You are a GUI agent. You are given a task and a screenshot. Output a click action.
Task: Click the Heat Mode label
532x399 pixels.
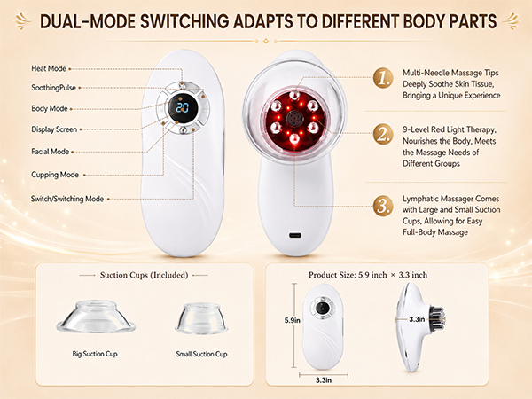49,68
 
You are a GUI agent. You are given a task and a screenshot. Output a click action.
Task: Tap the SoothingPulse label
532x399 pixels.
53,88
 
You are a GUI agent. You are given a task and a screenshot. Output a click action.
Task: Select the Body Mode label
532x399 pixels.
50,108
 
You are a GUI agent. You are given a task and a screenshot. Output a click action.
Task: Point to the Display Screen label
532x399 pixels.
54,129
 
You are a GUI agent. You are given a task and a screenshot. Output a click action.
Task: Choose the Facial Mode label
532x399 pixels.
51,152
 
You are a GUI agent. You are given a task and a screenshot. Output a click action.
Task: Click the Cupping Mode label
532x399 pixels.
55,175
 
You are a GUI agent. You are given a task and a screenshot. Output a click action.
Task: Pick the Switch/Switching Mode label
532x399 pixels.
67,199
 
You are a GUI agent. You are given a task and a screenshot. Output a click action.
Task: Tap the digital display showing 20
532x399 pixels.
182,108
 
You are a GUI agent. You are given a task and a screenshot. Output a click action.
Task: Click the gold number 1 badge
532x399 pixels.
383,78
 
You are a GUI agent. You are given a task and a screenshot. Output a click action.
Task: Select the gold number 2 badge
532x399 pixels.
383,134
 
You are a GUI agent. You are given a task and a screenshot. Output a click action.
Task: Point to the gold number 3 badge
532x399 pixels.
383,206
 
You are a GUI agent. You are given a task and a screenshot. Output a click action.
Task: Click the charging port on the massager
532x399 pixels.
295,235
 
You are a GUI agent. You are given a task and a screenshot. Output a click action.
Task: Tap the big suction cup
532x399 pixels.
96,317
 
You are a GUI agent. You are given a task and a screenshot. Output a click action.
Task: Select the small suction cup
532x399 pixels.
201,318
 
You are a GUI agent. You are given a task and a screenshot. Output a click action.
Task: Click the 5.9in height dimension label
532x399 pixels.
292,320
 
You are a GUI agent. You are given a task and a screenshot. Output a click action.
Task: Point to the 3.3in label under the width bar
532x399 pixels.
324,380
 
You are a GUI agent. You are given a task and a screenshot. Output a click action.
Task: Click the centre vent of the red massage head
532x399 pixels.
293,119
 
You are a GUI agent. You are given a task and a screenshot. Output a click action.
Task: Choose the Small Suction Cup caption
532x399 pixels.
201,354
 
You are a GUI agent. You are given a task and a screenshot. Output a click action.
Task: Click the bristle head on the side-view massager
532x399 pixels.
437,318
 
